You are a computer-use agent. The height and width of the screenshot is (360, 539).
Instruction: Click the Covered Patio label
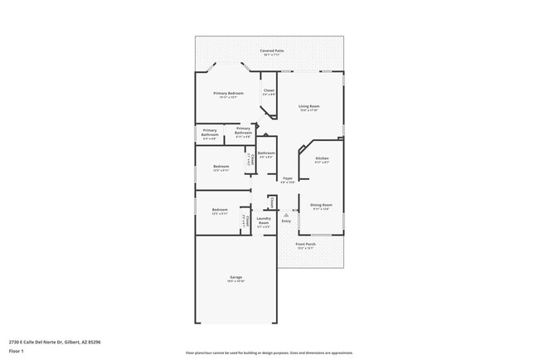pos(269,51)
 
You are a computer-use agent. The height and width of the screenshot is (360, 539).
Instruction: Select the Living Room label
pos(309,106)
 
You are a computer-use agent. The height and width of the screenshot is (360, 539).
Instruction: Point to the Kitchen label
pos(322,158)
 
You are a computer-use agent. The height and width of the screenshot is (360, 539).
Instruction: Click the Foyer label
pos(288,178)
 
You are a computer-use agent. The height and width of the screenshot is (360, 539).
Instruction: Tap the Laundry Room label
pos(264,220)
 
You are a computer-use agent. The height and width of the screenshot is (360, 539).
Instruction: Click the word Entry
pos(286,221)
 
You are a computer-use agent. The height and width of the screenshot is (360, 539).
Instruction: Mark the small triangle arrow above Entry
pos(286,214)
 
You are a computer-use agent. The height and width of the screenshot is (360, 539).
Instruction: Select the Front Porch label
pos(306,244)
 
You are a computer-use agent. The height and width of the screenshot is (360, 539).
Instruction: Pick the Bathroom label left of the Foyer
pos(266,153)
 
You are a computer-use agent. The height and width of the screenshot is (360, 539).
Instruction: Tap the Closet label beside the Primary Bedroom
pos(269,90)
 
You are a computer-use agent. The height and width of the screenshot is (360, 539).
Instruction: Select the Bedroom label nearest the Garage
pos(219,209)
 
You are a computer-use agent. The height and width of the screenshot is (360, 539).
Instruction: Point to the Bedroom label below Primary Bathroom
pos(221,166)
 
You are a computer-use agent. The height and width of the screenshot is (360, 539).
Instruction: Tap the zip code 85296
pos(95,341)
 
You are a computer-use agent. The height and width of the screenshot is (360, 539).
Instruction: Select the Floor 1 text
pos(17,351)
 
